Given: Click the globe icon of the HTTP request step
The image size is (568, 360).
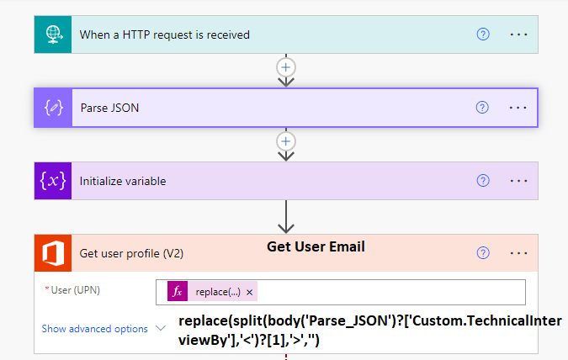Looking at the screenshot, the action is (x=54, y=34).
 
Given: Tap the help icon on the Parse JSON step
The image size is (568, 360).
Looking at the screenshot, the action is (x=482, y=107).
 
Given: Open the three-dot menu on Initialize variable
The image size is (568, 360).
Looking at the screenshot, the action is (x=518, y=181).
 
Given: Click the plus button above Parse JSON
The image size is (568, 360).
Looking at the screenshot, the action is (x=286, y=67).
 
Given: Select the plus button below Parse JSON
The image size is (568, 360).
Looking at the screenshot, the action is (x=286, y=141).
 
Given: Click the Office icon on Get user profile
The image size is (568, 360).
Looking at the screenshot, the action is (x=53, y=253).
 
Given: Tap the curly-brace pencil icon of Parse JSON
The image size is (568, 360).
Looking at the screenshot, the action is (x=53, y=108).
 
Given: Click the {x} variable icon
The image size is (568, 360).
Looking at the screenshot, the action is (x=53, y=181).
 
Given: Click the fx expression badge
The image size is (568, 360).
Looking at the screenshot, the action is (x=178, y=291).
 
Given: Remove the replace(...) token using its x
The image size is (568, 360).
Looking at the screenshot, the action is (x=249, y=292).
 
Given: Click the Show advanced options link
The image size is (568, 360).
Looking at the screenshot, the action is (x=94, y=329).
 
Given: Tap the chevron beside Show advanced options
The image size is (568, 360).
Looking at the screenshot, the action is (x=161, y=328).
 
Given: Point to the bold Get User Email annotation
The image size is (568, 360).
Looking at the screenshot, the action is (x=316, y=246).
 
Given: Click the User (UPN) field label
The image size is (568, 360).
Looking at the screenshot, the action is (x=76, y=290).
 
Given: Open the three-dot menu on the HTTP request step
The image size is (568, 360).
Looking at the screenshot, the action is (x=518, y=34).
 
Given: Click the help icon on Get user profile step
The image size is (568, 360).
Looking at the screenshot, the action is (x=483, y=253).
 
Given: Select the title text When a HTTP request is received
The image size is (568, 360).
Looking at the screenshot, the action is (x=164, y=34).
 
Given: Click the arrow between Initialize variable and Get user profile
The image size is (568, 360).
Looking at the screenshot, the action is (x=286, y=216).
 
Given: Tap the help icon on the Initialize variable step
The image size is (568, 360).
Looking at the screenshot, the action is (x=483, y=180).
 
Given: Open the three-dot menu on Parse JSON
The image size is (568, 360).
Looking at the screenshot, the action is (x=518, y=108).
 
